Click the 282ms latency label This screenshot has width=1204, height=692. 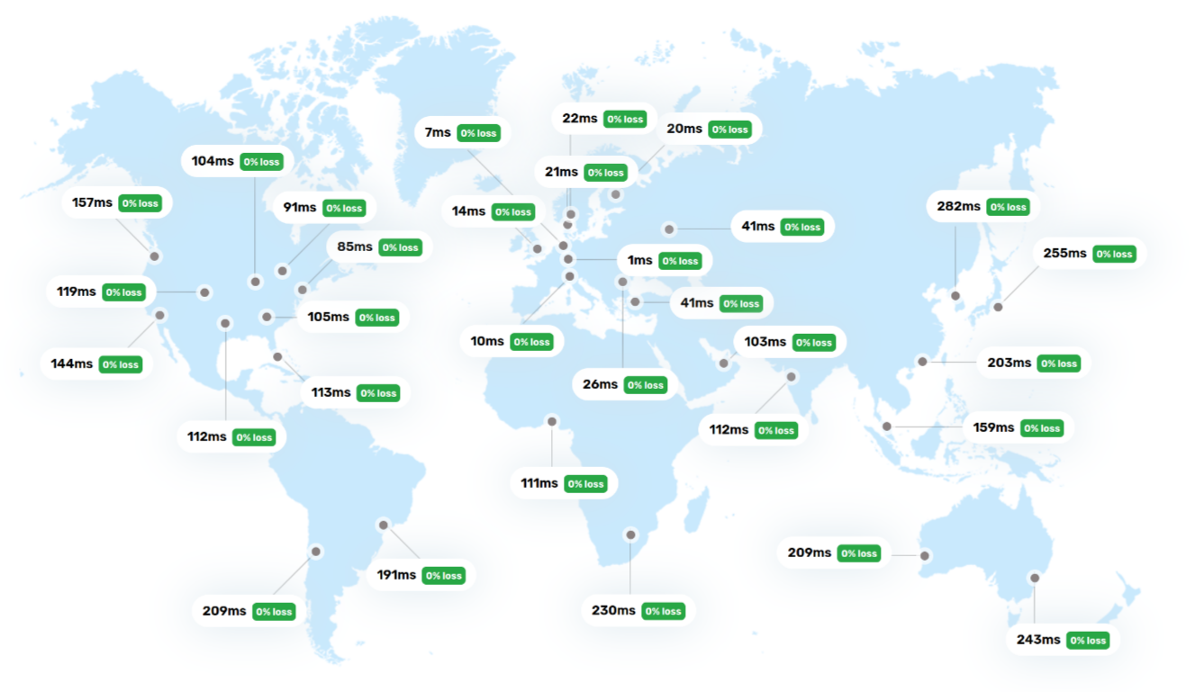pyautogui.click(x=958, y=206)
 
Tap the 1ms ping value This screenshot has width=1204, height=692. pyautogui.click(x=639, y=260)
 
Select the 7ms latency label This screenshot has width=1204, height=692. pyautogui.click(x=438, y=132)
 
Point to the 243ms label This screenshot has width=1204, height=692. pyautogui.click(x=1038, y=640)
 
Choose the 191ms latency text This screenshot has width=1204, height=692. pyautogui.click(x=396, y=575)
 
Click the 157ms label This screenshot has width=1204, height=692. pyautogui.click(x=92, y=202)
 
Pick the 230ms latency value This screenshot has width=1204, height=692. pyautogui.click(x=613, y=610)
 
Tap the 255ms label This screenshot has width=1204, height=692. pyautogui.click(x=1064, y=253)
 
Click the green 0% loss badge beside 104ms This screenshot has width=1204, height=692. pyautogui.click(x=261, y=162)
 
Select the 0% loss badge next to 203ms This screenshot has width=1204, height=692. pyautogui.click(x=1059, y=363)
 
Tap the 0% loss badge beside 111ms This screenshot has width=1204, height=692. pyautogui.click(x=585, y=483)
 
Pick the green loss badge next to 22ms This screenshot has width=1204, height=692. pyautogui.click(x=625, y=119)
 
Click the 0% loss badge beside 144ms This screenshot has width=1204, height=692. pyautogui.click(x=121, y=364)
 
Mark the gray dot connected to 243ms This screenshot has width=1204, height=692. pyautogui.click(x=1035, y=578)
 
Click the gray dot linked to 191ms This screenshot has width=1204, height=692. pyautogui.click(x=384, y=525)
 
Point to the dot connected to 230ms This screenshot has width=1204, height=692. pyautogui.click(x=630, y=535)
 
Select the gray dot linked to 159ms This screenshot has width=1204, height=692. pyautogui.click(x=887, y=427)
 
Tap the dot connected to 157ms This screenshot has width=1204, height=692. pyautogui.click(x=155, y=256)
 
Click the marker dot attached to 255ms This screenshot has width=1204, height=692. pyautogui.click(x=998, y=307)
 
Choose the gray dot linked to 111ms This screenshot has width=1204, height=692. pyautogui.click(x=552, y=421)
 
